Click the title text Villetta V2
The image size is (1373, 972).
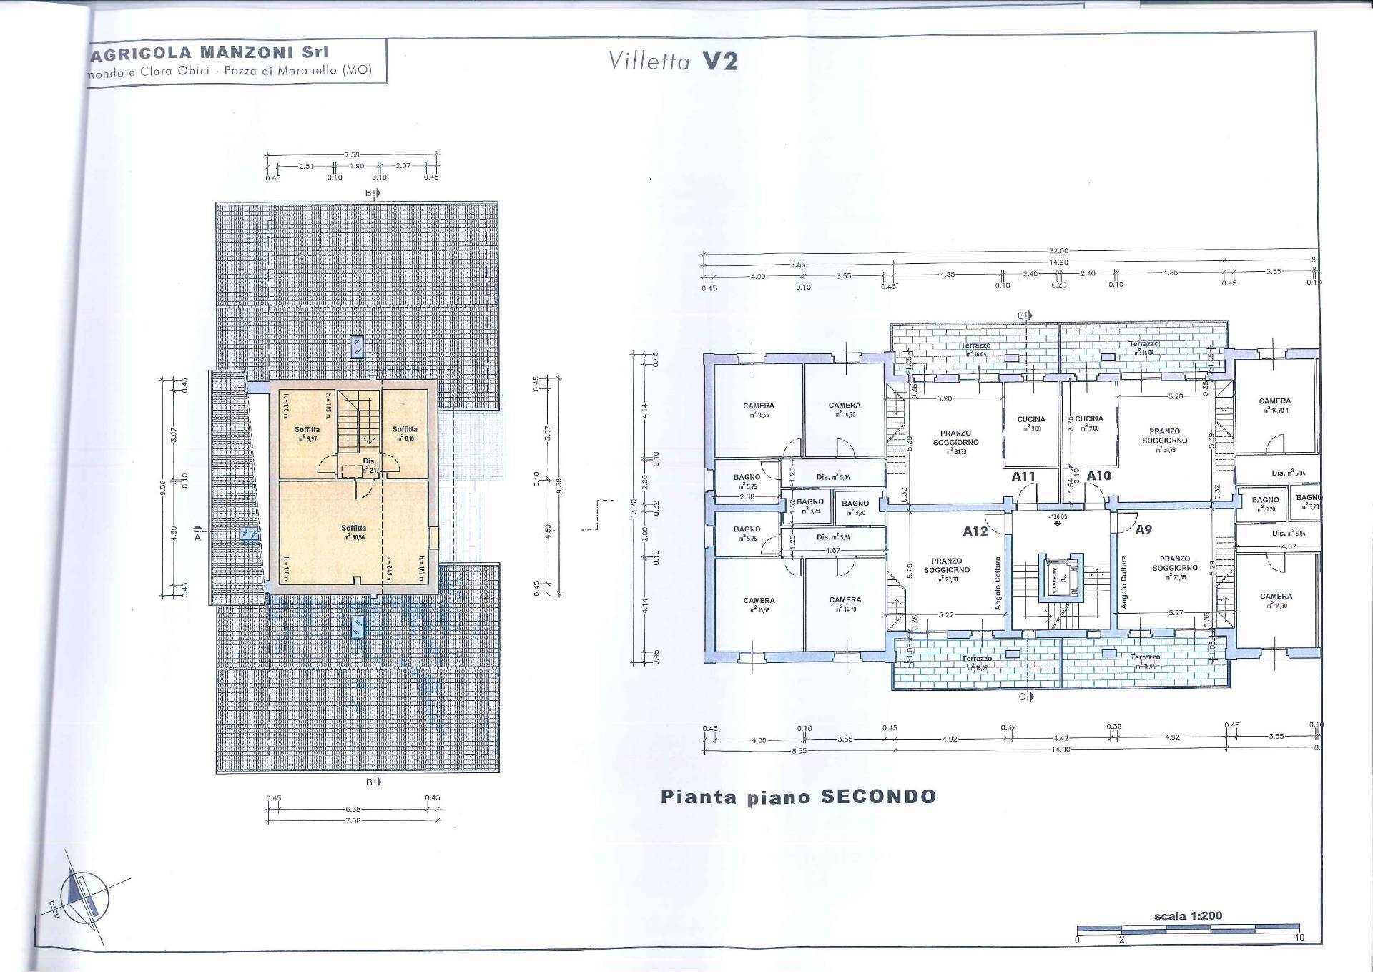[672, 61]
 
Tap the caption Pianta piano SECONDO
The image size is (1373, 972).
[798, 797]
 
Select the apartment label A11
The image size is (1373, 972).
[1023, 476]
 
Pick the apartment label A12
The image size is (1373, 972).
[975, 531]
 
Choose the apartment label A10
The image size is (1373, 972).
[1098, 476]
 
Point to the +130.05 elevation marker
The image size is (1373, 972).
[1058, 516]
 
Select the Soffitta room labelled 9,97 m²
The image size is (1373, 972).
[307, 433]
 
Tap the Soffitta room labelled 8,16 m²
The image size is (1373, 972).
[404, 433]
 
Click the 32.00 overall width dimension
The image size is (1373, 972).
[1058, 251]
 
